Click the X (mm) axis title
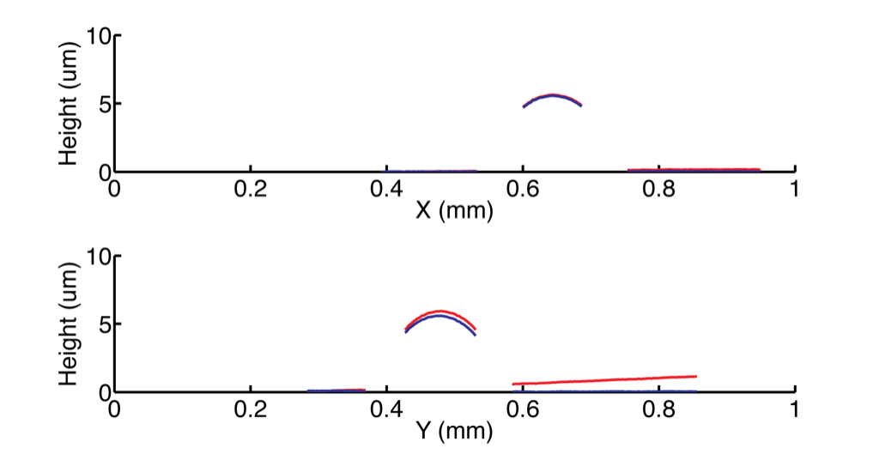tap(454, 210)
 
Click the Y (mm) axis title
tap(454, 431)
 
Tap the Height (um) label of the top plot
tap(69, 104)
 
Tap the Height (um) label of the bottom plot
tap(69, 324)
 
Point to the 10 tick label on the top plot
tap(100, 36)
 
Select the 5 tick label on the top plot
tap(106, 105)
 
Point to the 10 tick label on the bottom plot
tap(100, 257)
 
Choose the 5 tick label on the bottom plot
tap(106, 325)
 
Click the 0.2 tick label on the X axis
tap(251, 189)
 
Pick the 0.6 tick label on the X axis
tap(523, 189)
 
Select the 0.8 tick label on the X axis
tap(659, 189)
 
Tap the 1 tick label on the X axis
tap(795, 189)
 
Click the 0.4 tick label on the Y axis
tap(387, 409)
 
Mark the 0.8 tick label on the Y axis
tap(659, 409)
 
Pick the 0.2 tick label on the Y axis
tap(251, 409)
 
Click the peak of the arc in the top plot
tap(553, 94)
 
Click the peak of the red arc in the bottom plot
tap(440, 311)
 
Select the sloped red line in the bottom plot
tap(604, 380)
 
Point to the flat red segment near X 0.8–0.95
tap(694, 169)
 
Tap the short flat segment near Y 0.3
tap(336, 390)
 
